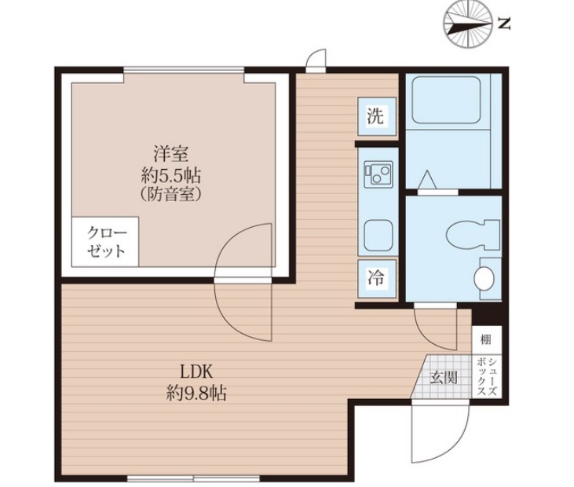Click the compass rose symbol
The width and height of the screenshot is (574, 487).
coord(467,24)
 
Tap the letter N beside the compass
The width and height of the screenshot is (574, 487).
coord(505,24)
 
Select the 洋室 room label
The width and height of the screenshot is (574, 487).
coord(171,154)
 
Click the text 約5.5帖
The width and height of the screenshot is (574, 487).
coord(171,176)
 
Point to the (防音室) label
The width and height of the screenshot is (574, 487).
coord(171,195)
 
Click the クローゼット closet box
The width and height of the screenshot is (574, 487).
coord(105,241)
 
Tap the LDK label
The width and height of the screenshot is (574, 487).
coord(196,373)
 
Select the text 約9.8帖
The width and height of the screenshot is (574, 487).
coord(196,394)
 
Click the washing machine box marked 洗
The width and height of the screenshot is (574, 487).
coord(377,117)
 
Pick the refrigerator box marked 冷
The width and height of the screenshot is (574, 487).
coord(377,278)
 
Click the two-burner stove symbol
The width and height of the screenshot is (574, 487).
coord(378,173)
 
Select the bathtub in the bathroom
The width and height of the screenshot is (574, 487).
coord(446,100)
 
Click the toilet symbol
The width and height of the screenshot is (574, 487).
coord(473,235)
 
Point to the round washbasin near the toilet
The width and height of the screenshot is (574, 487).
coord(484,278)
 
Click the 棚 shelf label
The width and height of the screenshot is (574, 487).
coord(486,340)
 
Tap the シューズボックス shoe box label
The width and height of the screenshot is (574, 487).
coord(488,377)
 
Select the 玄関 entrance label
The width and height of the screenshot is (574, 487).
coord(444,377)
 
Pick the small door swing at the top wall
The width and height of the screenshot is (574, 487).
coord(316,58)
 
